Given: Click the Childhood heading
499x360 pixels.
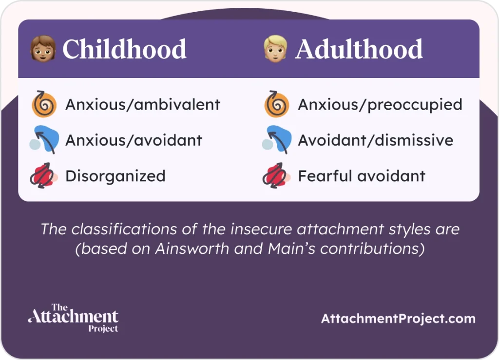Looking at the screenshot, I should click(x=124, y=49).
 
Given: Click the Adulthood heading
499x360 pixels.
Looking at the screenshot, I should click(x=359, y=49).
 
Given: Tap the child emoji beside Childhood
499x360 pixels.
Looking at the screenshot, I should click(x=42, y=49).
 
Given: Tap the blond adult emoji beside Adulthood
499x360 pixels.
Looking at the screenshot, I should click(x=275, y=49).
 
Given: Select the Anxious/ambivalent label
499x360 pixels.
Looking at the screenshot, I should click(x=143, y=105).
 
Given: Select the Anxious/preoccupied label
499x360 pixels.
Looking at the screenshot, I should click(x=380, y=105).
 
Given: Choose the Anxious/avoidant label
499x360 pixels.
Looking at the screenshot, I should click(x=134, y=140).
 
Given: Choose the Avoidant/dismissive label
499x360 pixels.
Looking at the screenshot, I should click(x=375, y=140).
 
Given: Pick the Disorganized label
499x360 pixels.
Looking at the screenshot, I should click(x=115, y=176).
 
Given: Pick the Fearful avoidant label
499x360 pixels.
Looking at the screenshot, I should click(x=362, y=176).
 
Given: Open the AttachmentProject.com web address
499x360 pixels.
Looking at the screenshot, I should click(x=398, y=319).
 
